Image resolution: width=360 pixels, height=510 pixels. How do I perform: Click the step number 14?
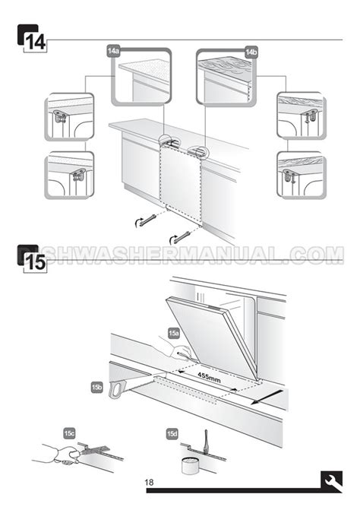point(35,43)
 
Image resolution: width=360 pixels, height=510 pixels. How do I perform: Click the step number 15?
point(35,263)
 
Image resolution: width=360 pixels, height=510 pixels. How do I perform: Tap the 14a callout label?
point(114,52)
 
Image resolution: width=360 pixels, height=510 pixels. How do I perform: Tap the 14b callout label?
point(251,52)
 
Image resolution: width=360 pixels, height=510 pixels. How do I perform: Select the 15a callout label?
point(173,333)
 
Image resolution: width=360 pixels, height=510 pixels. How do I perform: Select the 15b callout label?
point(96,387)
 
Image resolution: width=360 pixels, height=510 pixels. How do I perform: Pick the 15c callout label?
point(69,433)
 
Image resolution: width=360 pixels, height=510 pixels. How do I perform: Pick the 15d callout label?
point(172,433)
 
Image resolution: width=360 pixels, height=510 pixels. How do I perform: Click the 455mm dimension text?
point(210,377)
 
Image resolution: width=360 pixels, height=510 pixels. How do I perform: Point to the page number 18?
point(149,482)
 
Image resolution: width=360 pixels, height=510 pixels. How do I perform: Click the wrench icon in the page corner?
point(331,482)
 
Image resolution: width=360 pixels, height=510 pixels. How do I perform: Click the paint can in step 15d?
point(188,464)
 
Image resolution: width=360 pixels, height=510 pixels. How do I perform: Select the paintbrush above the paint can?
point(206,440)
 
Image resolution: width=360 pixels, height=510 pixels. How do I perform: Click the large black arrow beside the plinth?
point(267,398)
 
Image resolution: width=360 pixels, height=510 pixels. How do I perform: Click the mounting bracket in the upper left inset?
point(60,116)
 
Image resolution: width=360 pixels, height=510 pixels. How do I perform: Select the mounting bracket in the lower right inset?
point(289,176)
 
